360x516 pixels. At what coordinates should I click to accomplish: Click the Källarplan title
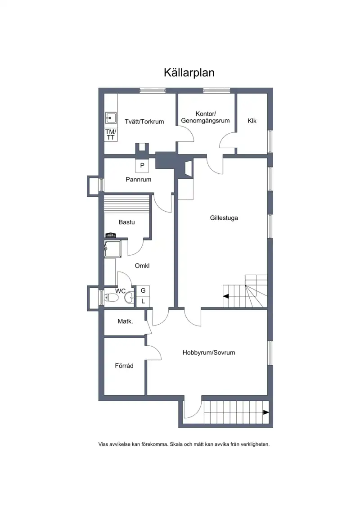[189, 73]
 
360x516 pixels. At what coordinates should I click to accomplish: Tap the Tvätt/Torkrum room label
[144, 122]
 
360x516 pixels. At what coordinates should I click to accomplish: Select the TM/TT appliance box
[110, 135]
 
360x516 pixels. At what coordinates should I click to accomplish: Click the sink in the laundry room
[111, 118]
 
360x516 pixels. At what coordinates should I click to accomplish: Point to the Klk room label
[252, 121]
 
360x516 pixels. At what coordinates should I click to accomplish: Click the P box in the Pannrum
[142, 165]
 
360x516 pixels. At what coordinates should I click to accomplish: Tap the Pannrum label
[139, 179]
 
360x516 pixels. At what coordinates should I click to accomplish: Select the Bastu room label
[126, 222]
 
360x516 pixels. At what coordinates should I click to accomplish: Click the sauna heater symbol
[110, 235]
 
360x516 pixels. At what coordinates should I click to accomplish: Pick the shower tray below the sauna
[113, 249]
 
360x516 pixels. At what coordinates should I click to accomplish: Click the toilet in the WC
[111, 298]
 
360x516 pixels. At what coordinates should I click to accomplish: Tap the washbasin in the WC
[129, 298]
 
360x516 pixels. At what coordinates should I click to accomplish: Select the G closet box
[143, 290]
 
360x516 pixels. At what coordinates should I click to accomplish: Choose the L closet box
[143, 301]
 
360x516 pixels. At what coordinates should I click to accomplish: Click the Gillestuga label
[224, 218]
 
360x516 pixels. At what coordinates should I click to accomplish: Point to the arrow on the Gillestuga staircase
[226, 296]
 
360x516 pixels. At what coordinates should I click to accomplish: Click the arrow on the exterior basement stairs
[266, 412]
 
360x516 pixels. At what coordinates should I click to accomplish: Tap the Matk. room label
[125, 321]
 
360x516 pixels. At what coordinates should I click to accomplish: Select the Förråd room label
[124, 365]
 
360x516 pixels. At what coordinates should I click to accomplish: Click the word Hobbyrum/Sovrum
[209, 353]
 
